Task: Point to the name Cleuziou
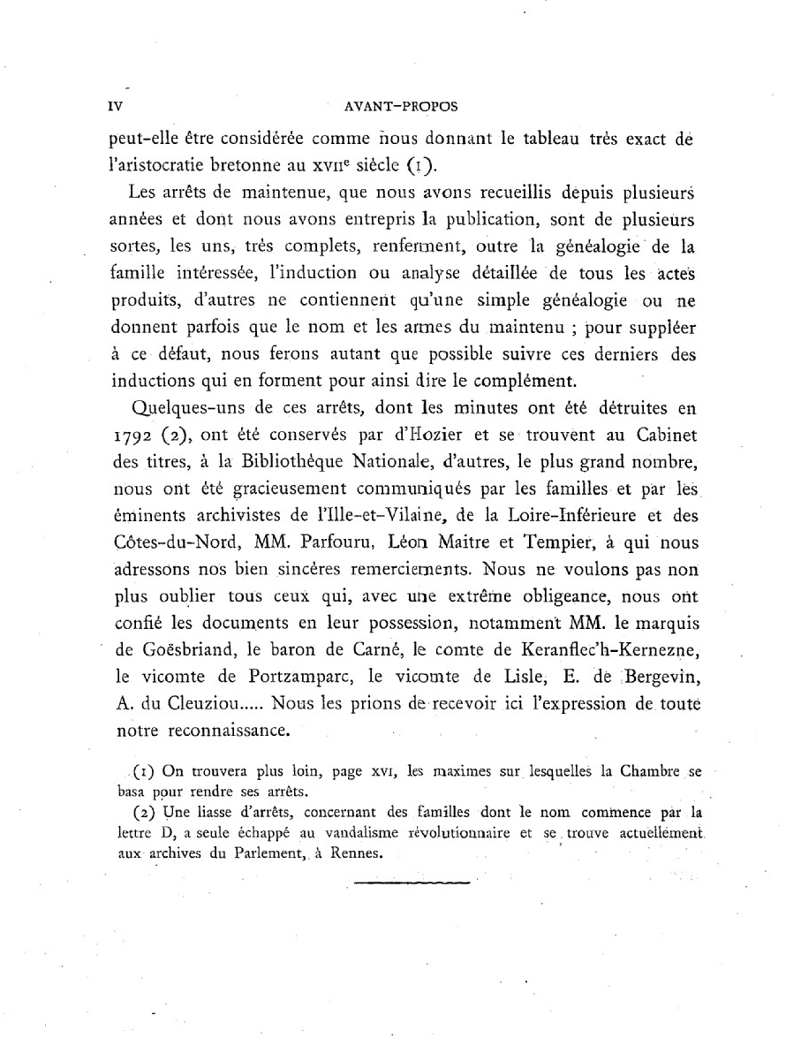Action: pyautogui.click(x=208, y=704)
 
